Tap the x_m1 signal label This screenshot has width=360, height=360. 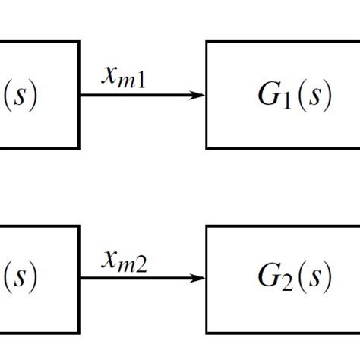coord(125,76)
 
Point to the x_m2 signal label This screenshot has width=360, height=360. coord(125,261)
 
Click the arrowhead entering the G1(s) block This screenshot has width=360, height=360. coord(199,96)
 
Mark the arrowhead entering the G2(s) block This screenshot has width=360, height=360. coord(199,279)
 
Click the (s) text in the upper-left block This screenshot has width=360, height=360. coord(21,96)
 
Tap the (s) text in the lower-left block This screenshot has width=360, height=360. coord(21,279)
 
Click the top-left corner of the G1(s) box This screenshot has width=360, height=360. coord(207,43)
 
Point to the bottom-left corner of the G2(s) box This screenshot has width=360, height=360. coord(207,332)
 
